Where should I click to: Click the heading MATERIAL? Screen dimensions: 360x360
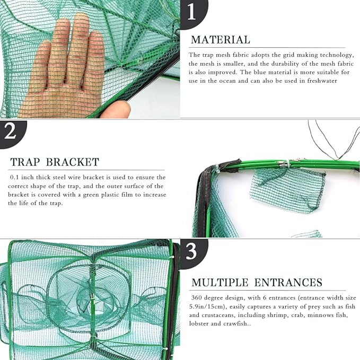coord(220,40)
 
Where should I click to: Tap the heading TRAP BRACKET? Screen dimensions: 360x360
coord(54,162)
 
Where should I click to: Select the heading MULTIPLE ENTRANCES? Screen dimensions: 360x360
coord(257,283)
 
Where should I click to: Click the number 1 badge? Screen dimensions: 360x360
coord(192,11)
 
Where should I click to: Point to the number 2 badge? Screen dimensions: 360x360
coord(11,131)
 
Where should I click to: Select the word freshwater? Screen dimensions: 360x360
coord(320,81)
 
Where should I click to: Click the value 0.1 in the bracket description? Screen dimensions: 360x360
coord(15,177)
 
